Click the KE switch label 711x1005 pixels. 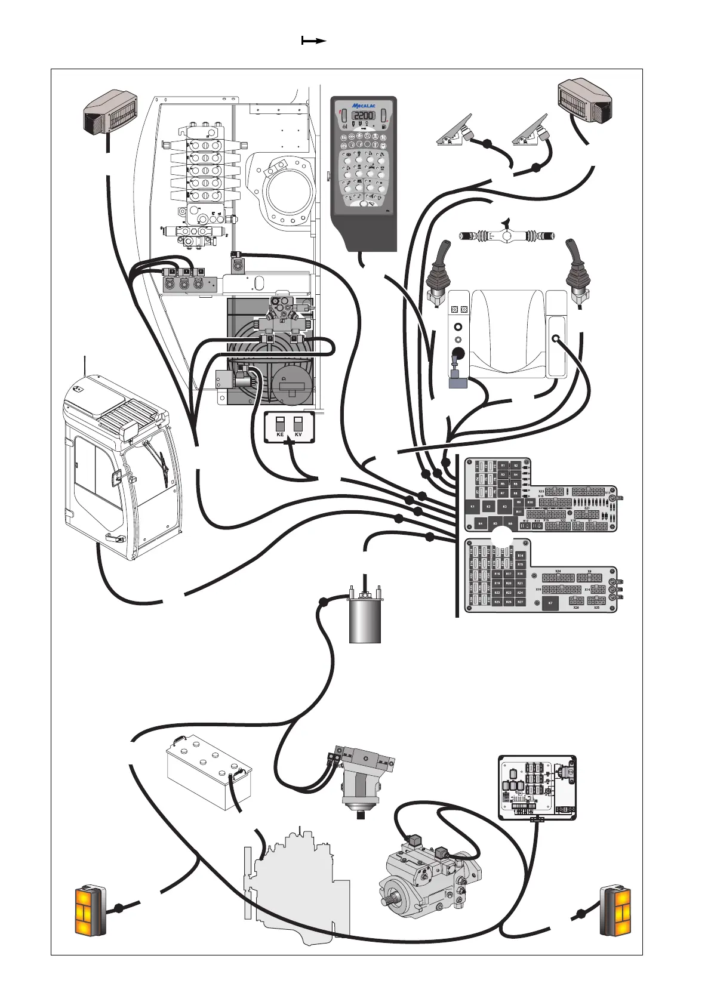tap(280, 435)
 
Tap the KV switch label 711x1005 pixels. tap(298, 435)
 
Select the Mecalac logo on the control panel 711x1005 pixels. tap(363, 105)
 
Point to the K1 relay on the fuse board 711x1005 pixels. tap(473, 506)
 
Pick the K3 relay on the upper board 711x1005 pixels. tap(505, 506)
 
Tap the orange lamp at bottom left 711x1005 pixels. tap(90, 910)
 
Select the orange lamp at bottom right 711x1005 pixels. tap(616, 910)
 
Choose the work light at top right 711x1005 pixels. tap(584, 98)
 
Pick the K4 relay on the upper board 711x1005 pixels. tap(481, 523)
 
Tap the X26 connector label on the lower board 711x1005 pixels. tap(576, 608)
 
